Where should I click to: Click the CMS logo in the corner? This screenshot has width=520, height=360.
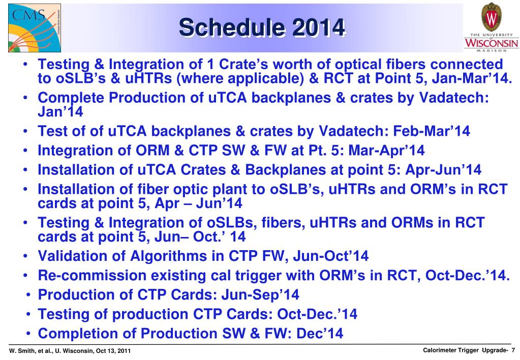(35, 28)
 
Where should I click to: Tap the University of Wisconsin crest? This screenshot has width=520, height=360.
(491, 17)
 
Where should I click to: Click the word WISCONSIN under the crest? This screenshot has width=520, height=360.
(491, 43)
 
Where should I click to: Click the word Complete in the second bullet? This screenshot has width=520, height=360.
(71, 98)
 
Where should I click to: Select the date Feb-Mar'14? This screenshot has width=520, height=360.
(431, 131)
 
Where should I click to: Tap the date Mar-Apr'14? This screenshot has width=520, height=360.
(386, 151)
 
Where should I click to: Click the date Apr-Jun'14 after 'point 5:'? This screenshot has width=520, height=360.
(443, 169)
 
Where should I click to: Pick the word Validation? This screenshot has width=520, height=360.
(81, 256)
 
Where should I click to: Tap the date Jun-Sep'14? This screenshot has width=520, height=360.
(260, 294)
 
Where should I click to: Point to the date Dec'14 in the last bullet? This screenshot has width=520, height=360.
(320, 334)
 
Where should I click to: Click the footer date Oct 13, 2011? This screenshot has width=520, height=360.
(113, 351)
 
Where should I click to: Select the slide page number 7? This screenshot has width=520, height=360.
(513, 350)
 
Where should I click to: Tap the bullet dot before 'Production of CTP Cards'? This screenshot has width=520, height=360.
(29, 294)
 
